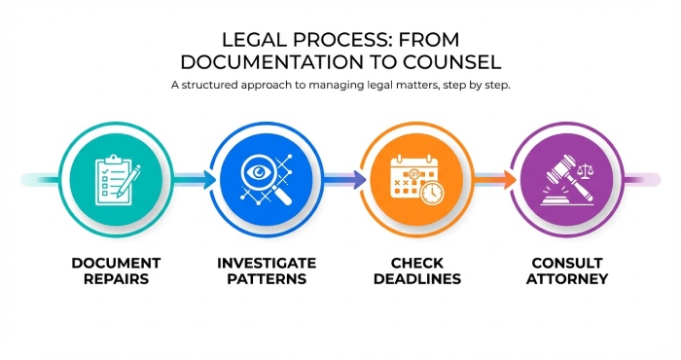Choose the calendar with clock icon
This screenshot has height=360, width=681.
[x=413, y=180]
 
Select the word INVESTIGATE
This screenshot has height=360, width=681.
[x=267, y=263]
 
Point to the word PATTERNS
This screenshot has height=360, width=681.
[x=267, y=278]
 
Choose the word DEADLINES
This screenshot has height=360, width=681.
[x=417, y=278]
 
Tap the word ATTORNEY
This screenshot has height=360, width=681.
[x=569, y=278]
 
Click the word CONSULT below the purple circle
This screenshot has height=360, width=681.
[x=569, y=263]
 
